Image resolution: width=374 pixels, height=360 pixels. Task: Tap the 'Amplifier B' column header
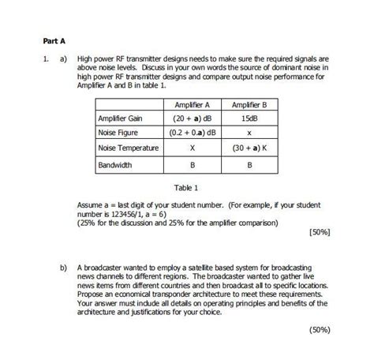click(249, 105)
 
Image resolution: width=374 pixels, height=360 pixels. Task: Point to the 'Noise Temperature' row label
click(129, 148)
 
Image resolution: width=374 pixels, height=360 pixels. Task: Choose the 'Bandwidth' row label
click(115, 166)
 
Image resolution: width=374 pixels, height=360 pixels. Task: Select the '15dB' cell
click(249, 119)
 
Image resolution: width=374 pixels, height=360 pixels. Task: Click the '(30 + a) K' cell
click(249, 148)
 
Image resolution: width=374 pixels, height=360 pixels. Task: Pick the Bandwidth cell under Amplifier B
click(249, 166)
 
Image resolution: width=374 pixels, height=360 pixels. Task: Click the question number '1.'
click(47, 58)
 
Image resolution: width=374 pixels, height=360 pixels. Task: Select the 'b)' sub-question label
click(63, 268)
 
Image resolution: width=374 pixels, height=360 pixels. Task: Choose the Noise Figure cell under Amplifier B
click(249, 133)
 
